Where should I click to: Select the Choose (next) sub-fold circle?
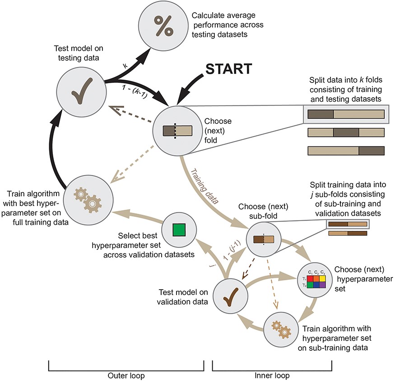pyautogui.click(x=264, y=240)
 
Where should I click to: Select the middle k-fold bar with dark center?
pyautogui.click(x=346, y=132)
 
